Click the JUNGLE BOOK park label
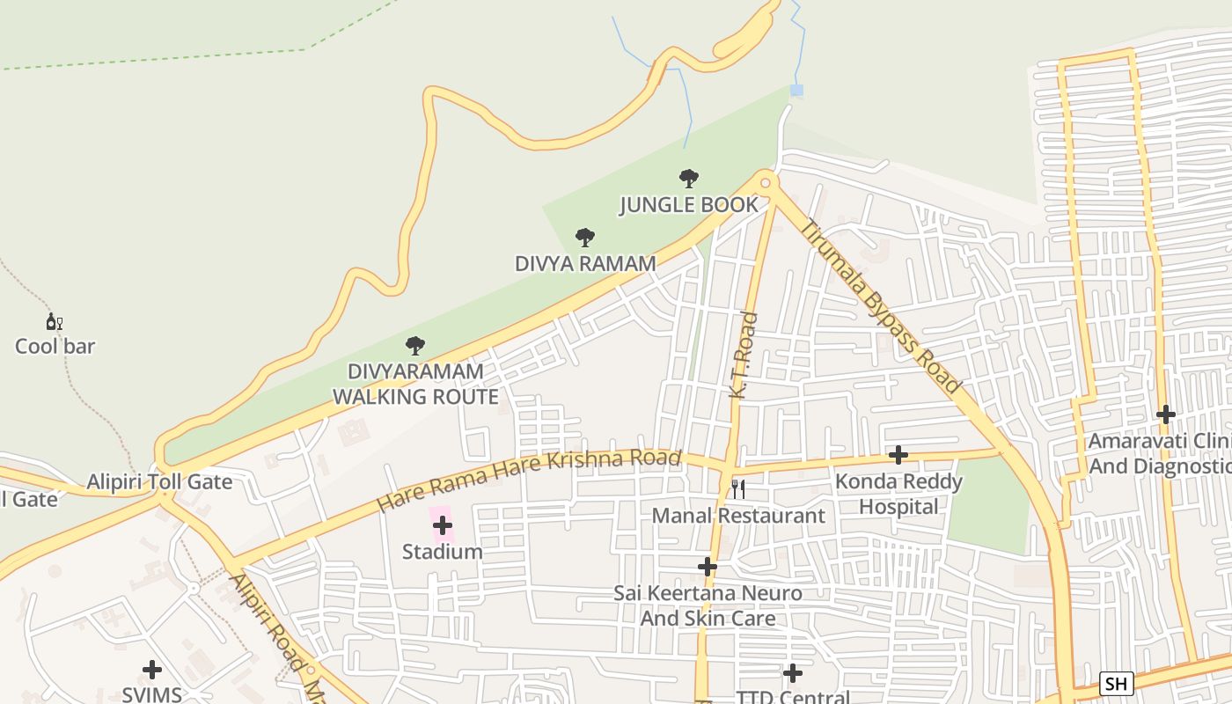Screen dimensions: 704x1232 tap(688, 205)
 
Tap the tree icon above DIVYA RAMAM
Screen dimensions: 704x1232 tap(584, 238)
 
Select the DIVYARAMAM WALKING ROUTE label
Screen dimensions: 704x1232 tap(415, 385)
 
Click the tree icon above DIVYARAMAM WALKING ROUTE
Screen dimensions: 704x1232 tap(414, 346)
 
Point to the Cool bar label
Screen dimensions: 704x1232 tap(55, 346)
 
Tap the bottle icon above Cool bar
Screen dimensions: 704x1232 tap(54, 322)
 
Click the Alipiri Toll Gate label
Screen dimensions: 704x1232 tap(159, 481)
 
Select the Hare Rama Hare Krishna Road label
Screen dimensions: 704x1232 tap(529, 480)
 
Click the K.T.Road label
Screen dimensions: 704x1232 tap(744, 355)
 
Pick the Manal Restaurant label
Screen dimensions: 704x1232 tap(738, 516)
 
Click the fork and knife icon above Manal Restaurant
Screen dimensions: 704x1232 tap(738, 489)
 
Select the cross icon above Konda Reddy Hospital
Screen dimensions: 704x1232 tap(898, 455)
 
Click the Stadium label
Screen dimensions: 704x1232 tap(443, 552)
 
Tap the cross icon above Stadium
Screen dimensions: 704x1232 tap(443, 525)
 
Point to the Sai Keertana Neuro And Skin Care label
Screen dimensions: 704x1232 tap(708, 605)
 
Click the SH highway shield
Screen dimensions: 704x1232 tap(1116, 684)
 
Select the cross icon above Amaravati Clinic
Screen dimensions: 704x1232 tap(1166, 414)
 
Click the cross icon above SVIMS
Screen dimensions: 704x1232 tap(152, 670)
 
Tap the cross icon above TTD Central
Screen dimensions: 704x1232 tap(793, 673)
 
